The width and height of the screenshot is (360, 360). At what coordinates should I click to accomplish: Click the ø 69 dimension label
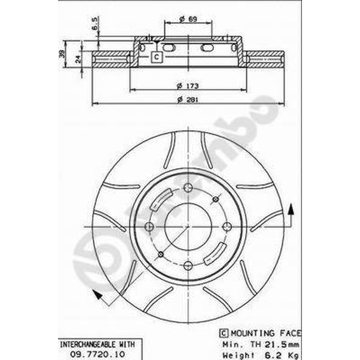[188, 19]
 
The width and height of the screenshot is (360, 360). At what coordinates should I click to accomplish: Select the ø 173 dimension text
[188, 86]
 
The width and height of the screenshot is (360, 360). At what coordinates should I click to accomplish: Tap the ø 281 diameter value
[188, 99]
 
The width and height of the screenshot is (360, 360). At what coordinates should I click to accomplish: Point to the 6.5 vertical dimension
[94, 24]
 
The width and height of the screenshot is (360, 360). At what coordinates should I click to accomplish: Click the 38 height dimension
[62, 54]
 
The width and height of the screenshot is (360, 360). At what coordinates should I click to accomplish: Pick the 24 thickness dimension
[78, 59]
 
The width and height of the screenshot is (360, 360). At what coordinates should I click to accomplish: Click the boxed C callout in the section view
[157, 57]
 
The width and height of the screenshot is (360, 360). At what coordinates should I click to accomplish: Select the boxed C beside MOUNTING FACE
[224, 333]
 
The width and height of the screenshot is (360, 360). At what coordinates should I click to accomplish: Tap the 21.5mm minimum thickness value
[282, 344]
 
